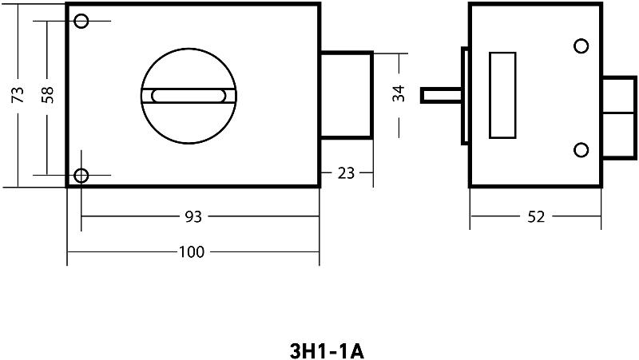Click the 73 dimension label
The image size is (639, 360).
18,94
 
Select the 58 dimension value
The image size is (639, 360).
47,94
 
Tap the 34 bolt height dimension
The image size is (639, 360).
399,93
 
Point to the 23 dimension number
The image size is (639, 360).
346,173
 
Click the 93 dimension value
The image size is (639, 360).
193,216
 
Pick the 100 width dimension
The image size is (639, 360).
192,252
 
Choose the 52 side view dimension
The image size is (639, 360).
536,217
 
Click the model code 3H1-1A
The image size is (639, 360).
327,351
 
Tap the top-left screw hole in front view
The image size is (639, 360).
81,21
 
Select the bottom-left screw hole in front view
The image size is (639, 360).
81,176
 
